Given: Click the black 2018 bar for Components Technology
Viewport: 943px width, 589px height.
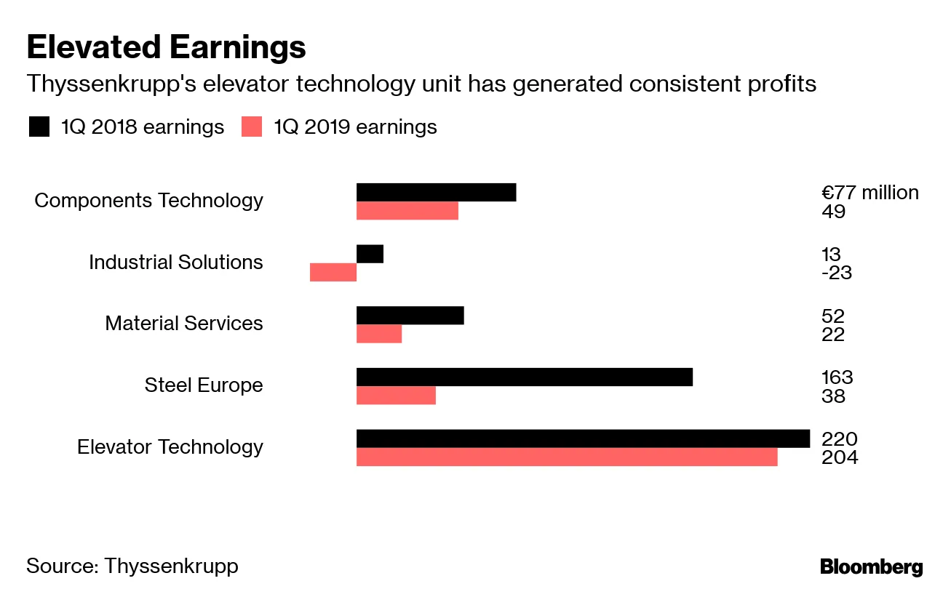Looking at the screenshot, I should (x=436, y=192).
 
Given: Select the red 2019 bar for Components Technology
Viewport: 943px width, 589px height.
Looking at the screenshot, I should (x=407, y=210).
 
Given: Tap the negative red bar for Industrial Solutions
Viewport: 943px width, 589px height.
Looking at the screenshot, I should (x=333, y=272).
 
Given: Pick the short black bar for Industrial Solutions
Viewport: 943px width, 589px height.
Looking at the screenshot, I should (x=370, y=254).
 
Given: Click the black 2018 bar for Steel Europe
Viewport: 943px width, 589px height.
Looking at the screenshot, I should (x=524, y=377).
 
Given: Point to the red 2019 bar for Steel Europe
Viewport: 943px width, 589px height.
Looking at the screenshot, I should (x=396, y=395).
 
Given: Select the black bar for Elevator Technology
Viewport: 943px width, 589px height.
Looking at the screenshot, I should (x=583, y=438).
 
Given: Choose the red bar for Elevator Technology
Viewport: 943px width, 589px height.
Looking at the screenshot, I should (x=567, y=457).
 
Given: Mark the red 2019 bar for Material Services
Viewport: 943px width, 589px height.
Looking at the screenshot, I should (x=379, y=334).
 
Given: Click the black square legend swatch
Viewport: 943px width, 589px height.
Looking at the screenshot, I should (x=39, y=127).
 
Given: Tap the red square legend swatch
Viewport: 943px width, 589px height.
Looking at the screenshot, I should (x=251, y=127).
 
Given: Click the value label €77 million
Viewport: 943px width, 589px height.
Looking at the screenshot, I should (x=870, y=193).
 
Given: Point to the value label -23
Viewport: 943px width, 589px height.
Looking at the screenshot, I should (x=836, y=273).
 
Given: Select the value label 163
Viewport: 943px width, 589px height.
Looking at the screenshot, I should (x=837, y=377).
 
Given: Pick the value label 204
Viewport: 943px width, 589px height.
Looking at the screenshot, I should (x=840, y=458).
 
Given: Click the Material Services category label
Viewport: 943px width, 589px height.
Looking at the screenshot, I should (x=184, y=323).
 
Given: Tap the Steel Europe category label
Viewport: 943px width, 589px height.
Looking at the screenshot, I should (x=204, y=385).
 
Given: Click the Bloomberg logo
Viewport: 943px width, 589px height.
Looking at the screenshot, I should (x=871, y=567).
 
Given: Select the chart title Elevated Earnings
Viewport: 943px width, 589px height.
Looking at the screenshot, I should (x=166, y=47).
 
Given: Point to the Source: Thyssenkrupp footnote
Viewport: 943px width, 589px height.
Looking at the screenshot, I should (x=132, y=566).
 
